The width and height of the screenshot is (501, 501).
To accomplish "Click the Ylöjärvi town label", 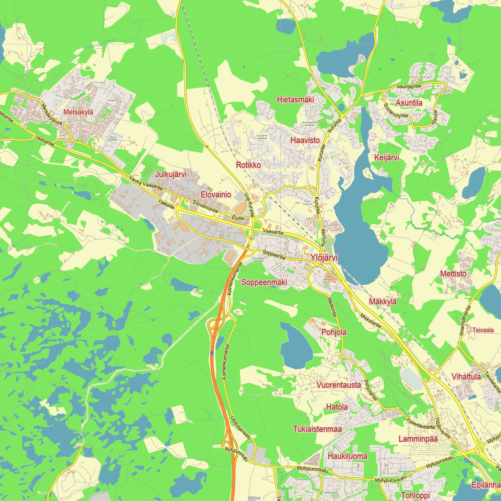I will click(x=324, y=258).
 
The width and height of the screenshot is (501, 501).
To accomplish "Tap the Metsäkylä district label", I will click(x=78, y=112).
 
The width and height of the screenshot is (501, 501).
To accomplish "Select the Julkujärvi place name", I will click(x=171, y=174).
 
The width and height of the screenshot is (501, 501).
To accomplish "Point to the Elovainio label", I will click(x=216, y=194).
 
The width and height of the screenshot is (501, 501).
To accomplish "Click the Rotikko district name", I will click(x=248, y=165).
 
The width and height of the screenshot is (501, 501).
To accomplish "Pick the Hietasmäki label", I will click(x=295, y=100).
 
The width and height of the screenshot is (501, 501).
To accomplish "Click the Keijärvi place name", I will click(x=386, y=157).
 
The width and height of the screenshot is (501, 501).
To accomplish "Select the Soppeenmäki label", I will click(x=264, y=282).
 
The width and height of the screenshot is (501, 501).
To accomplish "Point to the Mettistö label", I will click(x=453, y=274).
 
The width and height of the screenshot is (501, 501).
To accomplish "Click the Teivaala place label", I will click(x=483, y=330).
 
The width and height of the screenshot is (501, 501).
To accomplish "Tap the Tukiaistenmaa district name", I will click(x=317, y=429).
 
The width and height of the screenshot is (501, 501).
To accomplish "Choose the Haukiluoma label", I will click(x=347, y=456).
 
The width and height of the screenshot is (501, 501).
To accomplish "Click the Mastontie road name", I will click(x=332, y=307).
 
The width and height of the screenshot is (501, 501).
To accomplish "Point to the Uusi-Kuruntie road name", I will click(x=249, y=205).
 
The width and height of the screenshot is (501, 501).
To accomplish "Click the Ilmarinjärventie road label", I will click(x=465, y=321).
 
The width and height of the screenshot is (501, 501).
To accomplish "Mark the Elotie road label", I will click(x=238, y=218).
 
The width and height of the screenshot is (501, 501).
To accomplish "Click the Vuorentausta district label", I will click(x=338, y=385).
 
